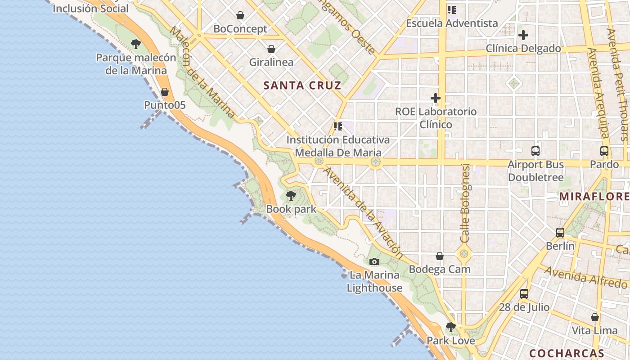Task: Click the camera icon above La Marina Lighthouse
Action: pos(374,261)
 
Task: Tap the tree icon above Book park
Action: pos(291,196)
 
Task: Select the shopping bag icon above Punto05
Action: pos(165,92)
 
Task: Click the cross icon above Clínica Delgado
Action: pos(523,35)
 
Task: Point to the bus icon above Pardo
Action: pos(604,151)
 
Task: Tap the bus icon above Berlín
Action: pos(560,233)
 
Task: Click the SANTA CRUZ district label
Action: pos(302,85)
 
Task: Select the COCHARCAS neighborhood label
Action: pos(567,353)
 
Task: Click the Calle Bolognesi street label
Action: pos(465,202)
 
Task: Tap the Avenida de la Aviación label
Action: pos(364,213)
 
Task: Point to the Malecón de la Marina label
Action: pos(202,72)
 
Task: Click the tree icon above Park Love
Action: pos(450,327)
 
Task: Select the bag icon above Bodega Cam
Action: pos(440,256)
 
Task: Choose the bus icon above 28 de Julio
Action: pos(524,294)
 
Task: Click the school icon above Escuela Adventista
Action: pos(452,10)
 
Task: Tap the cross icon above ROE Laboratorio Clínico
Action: pos(435,98)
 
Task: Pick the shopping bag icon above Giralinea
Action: pos(271,49)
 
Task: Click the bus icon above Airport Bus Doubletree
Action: pos(535,151)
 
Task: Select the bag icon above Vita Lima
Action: pos(595,317)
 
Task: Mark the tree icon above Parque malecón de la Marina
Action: pos(136,44)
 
